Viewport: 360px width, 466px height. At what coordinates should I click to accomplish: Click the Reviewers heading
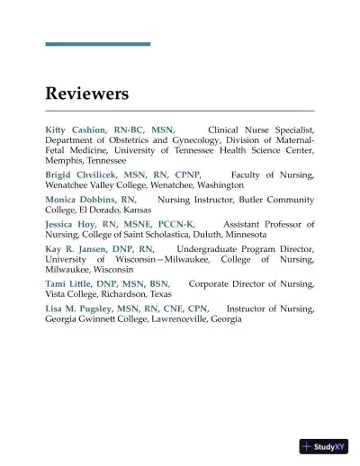coord(87,94)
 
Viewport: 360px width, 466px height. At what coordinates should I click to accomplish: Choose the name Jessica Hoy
coord(69,225)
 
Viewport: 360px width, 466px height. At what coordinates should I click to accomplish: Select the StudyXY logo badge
coord(323,446)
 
